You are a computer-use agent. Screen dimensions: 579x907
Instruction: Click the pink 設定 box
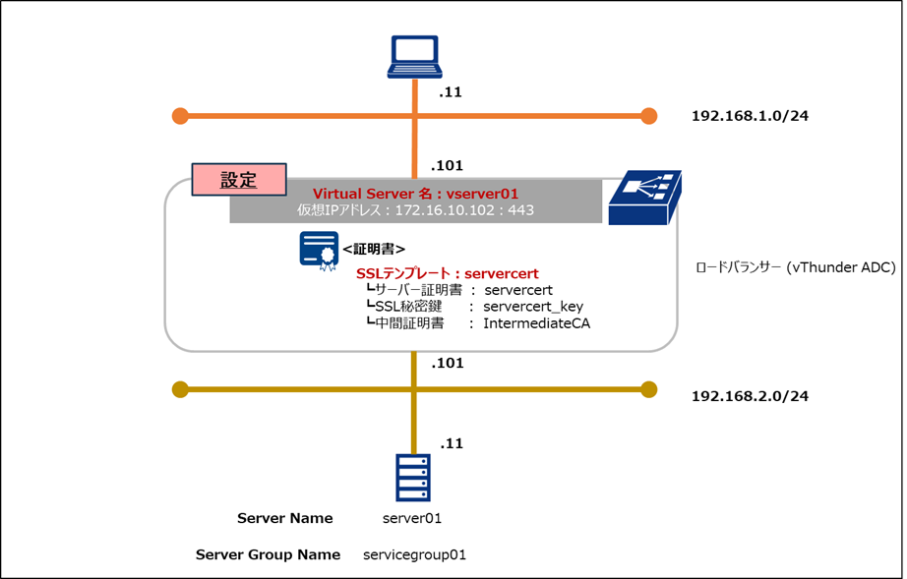pos(238,181)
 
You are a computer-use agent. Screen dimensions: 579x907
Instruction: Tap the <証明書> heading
pos(374,249)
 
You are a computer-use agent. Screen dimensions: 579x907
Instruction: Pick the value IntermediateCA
pos(536,323)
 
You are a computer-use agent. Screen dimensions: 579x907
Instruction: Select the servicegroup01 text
pos(414,554)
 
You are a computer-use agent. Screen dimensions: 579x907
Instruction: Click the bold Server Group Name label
pos(268,554)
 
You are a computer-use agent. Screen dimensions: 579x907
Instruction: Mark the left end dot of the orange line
pos(180,116)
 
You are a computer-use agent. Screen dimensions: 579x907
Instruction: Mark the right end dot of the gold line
pos(648,388)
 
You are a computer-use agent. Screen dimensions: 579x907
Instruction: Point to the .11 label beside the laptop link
pos(451,93)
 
